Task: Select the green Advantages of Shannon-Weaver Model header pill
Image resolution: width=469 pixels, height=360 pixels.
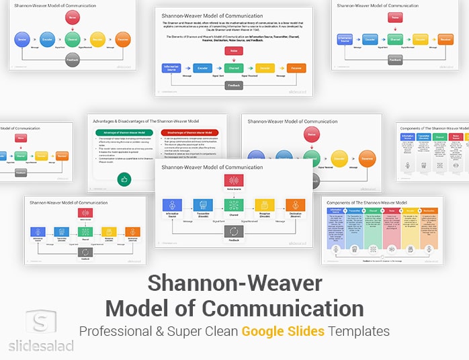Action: coord(126,132)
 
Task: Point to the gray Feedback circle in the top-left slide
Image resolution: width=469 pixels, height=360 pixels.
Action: coord(73,60)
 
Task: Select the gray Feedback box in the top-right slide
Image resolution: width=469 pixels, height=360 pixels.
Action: coord(396,59)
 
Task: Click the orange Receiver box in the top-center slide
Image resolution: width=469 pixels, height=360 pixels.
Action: coord(296,68)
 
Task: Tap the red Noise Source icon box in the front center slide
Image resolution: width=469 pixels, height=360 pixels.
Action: coord(234,181)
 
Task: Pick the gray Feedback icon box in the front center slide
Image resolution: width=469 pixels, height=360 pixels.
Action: coord(234,230)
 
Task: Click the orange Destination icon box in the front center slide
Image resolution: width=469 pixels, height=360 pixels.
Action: coord(296,206)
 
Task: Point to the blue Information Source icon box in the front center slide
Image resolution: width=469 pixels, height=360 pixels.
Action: coord(173,206)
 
